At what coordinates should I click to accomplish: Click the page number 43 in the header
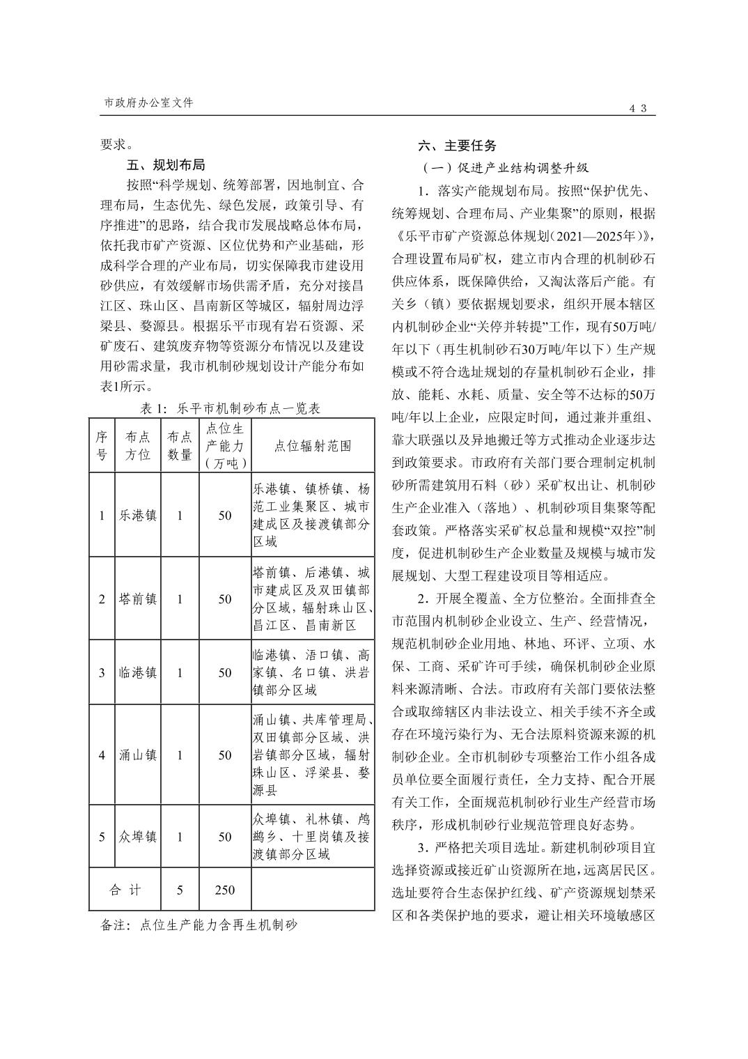638,108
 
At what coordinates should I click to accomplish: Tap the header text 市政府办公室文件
148,102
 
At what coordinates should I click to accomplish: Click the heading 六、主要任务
458,146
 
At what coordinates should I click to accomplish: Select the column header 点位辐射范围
313,446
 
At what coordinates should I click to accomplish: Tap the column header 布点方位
137,446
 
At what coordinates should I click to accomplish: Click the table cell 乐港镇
137,516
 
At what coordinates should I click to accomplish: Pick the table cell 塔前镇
137,599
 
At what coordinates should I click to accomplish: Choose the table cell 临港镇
137,673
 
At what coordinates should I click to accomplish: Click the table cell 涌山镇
137,755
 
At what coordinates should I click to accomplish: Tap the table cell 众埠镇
137,837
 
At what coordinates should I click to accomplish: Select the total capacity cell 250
224,890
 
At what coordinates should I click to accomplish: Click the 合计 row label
125,890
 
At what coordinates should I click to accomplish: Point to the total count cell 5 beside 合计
180,890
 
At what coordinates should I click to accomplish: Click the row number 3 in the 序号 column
102,673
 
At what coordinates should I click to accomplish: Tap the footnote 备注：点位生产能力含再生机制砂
199,925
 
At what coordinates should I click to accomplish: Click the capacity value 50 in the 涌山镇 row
224,755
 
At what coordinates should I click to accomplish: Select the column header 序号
102,446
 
